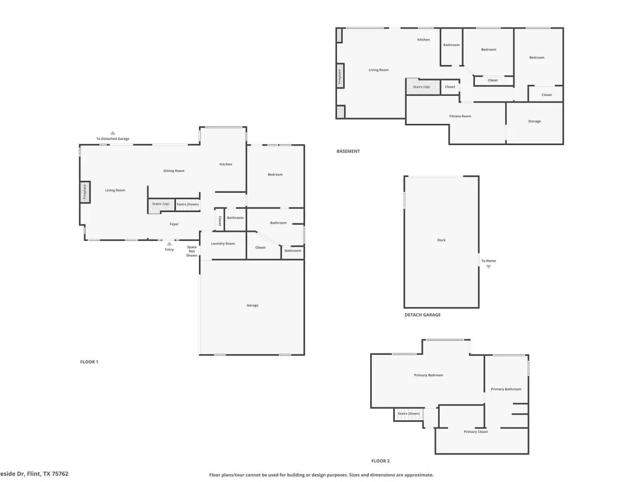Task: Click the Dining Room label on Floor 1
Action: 174,171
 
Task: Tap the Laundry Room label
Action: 223,243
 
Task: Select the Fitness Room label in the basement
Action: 460,116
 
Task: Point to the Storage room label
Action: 534,121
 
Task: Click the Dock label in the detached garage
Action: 441,240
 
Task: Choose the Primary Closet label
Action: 475,431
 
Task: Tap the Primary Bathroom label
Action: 506,389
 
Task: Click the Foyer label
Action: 174,224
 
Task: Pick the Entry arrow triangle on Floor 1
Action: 169,244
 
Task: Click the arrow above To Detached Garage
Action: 113,133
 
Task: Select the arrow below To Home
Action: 488,267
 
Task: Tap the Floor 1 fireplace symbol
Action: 85,192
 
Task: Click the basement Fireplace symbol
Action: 340,76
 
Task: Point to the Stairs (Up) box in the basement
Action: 422,87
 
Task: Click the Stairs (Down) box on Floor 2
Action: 408,414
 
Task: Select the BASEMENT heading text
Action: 348,151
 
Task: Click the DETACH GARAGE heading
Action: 422,315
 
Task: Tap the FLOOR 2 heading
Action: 380,460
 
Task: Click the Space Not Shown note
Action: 191,251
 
